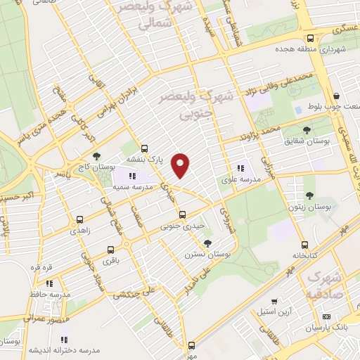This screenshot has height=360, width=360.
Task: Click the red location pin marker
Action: point(181,165)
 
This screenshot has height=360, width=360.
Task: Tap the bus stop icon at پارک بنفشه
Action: point(144,148)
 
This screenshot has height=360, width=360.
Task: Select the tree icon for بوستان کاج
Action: point(96,157)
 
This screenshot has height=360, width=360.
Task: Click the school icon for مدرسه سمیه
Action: point(132,176)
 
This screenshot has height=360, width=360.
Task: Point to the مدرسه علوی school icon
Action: point(240,168)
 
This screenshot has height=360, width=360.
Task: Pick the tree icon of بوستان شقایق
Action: point(306,130)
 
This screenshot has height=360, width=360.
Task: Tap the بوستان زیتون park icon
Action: point(309,195)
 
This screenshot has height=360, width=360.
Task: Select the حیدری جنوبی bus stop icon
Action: point(182,214)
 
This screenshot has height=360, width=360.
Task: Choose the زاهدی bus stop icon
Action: point(79,219)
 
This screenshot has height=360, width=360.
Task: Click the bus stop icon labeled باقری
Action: point(110,250)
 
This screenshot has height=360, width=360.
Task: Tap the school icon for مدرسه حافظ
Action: point(49,283)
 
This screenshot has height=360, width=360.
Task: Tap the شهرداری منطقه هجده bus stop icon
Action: point(309,39)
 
